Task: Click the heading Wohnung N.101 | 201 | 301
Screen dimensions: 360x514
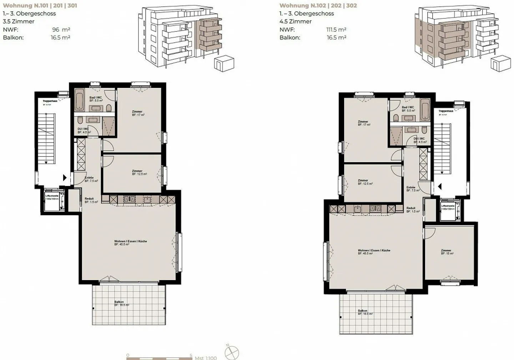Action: tap(40, 5)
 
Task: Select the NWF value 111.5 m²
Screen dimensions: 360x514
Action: tap(336, 30)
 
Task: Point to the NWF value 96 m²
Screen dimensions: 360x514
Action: tap(61, 30)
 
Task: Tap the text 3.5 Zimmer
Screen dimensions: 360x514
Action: tap(19, 21)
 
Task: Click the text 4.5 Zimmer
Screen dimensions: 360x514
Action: tap(296, 21)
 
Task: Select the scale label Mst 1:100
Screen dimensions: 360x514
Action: tap(206, 357)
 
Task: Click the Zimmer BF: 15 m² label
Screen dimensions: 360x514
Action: tap(447, 252)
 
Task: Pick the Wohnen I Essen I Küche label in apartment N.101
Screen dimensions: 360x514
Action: tap(130, 243)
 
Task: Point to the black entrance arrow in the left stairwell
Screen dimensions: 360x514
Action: tap(65, 177)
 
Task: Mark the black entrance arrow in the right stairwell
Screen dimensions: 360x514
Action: tap(440, 186)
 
